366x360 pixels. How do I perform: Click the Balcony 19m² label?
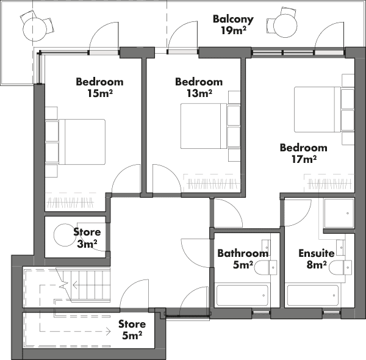pos(233,25)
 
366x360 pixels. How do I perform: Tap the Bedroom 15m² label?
pos(99,87)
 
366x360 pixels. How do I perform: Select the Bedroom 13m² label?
pos(199,87)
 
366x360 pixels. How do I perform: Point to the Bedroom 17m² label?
pos(303,153)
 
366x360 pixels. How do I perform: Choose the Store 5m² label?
pos(132,329)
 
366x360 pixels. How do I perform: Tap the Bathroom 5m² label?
pos(243,259)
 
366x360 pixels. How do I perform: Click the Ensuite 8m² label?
pos(316,259)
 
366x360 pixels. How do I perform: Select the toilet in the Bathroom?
pos(265,267)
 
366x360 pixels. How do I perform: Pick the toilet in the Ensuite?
pos(340,267)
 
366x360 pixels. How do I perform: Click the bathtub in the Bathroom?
pos(242,295)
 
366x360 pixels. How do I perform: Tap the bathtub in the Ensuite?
pos(313,295)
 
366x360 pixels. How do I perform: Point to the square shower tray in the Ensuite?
pos(339,213)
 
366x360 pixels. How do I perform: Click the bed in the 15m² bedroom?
pos(82,142)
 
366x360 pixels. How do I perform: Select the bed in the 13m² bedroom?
pos(204,126)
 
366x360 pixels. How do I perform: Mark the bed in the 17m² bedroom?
pos(317,109)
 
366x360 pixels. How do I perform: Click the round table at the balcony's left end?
pos(35,29)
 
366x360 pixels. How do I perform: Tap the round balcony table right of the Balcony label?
pos(285,26)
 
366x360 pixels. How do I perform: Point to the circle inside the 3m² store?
pos(65,235)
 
